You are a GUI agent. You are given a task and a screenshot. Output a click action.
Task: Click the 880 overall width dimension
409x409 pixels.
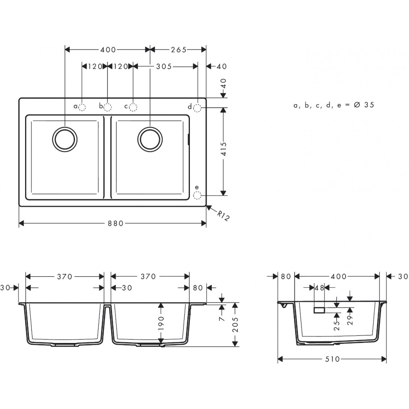tap(116, 224)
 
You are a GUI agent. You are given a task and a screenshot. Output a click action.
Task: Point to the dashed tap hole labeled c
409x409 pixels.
tap(133, 107)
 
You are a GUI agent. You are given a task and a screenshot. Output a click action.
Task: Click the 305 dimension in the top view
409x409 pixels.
tap(164, 66)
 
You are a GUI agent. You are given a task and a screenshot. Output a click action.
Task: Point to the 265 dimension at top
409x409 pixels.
tap(179, 50)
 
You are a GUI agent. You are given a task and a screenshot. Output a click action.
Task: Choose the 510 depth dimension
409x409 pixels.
tap(332, 359)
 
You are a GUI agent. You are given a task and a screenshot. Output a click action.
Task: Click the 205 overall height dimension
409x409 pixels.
tap(235, 325)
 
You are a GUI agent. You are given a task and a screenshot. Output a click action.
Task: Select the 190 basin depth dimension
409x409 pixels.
tap(161, 323)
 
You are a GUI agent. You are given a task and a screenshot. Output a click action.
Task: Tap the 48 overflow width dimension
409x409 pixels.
tap(319, 288)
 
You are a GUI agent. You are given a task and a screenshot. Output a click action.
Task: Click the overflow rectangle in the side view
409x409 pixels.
tap(319, 310)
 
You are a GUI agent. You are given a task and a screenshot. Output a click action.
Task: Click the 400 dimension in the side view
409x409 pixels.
tap(338, 277)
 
